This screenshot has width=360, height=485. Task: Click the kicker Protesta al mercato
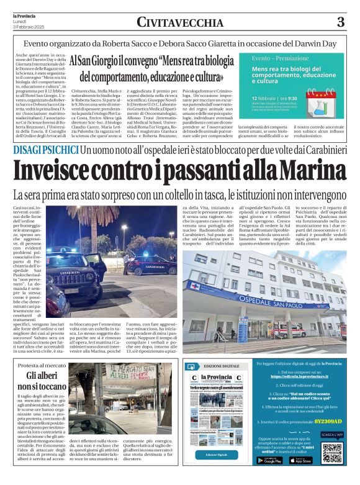tap(42, 366)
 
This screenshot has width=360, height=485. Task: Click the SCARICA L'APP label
tap(331, 435)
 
